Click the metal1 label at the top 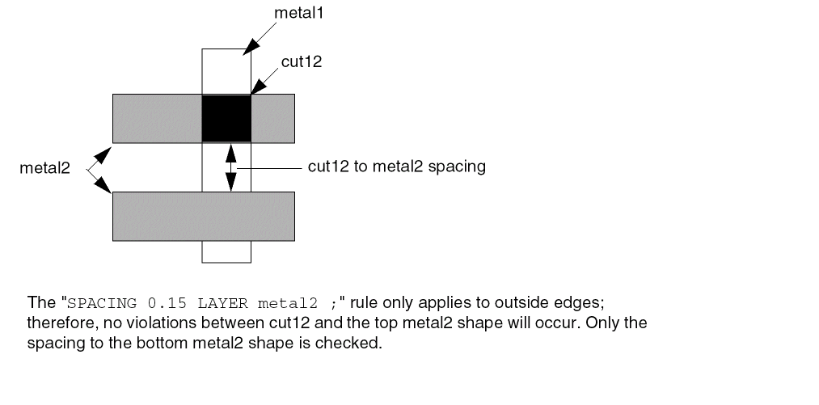(301, 12)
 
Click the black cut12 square (226, 117)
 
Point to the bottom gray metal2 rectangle (203, 216)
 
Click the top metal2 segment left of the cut (156, 117)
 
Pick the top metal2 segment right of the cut (272, 117)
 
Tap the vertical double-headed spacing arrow (230, 167)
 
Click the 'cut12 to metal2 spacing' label (396, 167)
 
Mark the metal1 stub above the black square (226, 71)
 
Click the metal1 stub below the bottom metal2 (226, 251)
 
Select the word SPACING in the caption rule (96, 304)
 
